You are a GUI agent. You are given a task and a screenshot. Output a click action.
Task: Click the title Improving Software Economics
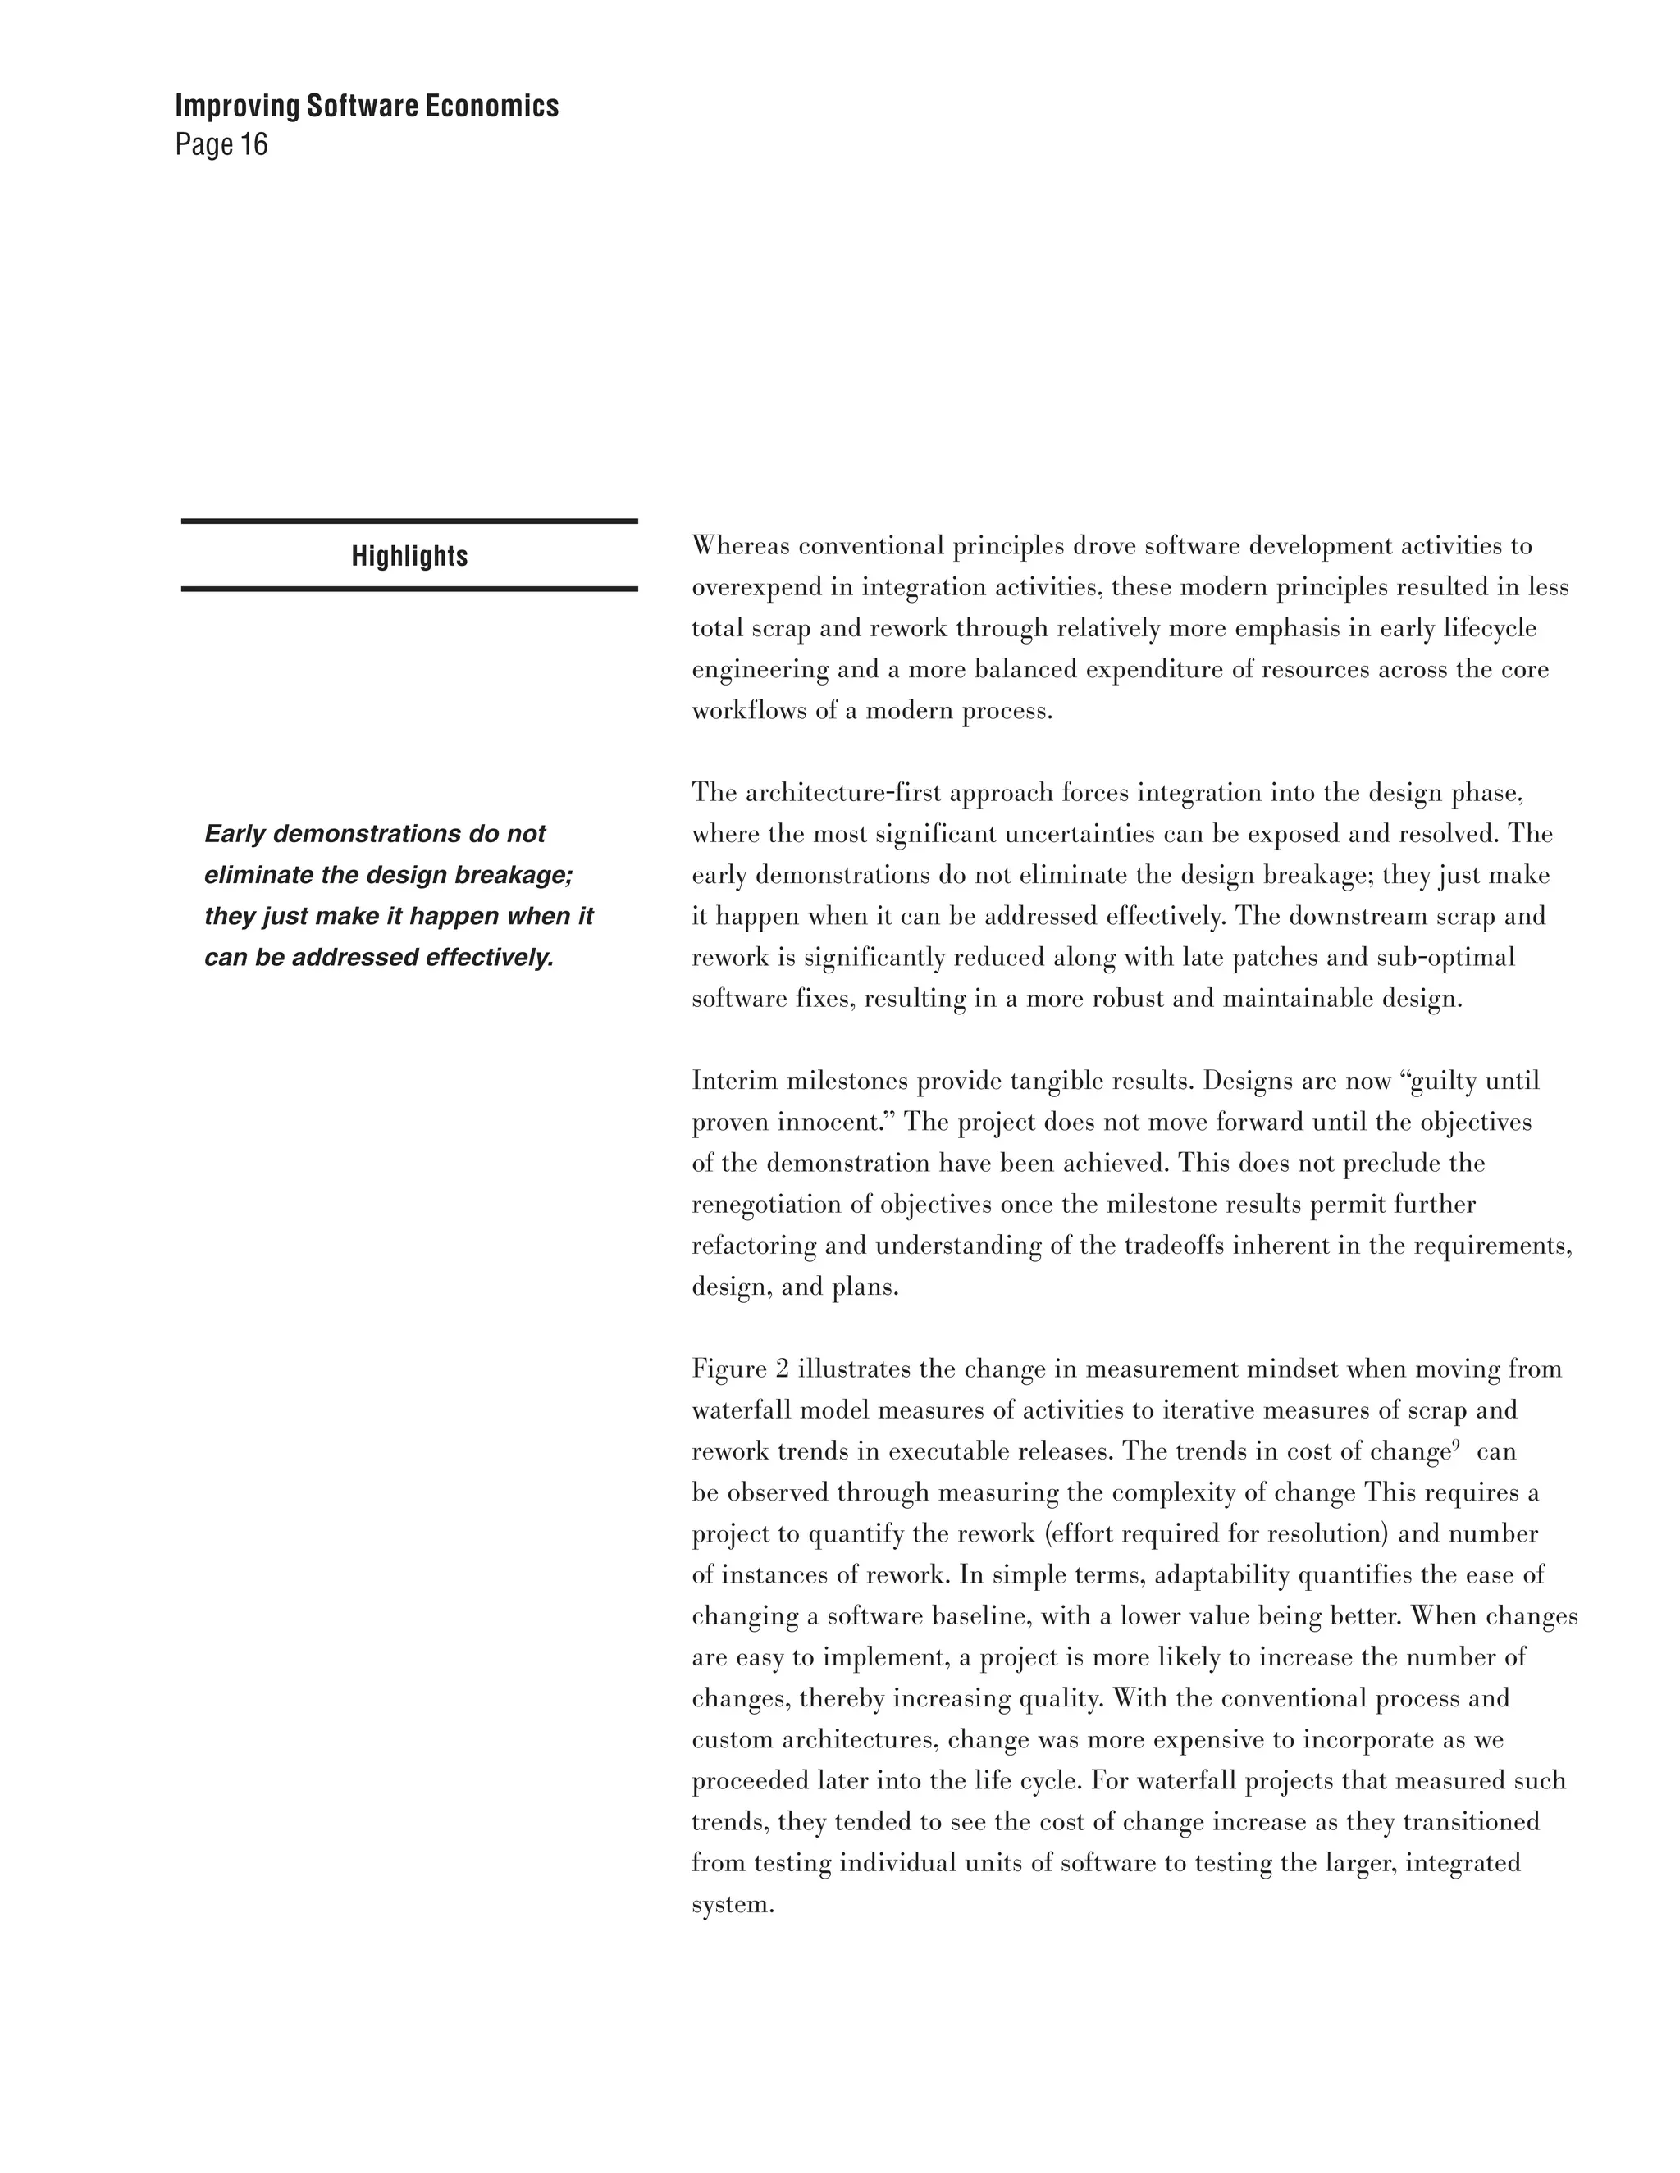point(366,107)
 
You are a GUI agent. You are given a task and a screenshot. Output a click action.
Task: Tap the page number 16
point(253,145)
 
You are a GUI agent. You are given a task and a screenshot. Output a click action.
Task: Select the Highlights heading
point(409,556)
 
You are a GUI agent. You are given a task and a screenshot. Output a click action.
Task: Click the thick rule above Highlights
point(409,522)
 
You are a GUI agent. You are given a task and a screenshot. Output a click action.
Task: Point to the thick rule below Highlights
point(409,589)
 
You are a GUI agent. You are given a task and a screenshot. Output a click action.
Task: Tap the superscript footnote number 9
point(1455,1445)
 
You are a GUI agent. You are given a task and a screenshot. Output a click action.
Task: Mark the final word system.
point(733,1906)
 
